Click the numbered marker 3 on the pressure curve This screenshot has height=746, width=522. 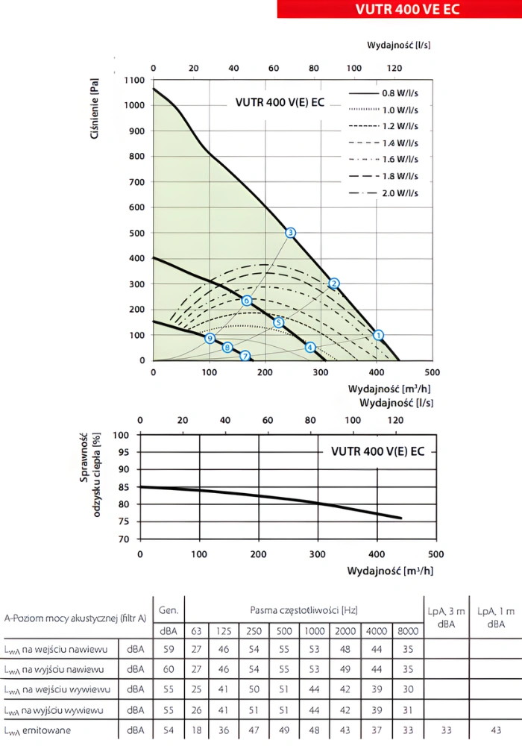tap(291, 233)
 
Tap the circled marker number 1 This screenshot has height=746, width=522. tap(378, 335)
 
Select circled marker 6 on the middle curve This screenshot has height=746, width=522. tap(247, 301)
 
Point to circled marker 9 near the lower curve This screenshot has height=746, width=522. tap(210, 338)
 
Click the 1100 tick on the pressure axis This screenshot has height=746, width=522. tap(134, 80)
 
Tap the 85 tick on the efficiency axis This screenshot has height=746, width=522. tap(123, 487)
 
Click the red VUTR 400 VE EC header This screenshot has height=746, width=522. tap(399, 9)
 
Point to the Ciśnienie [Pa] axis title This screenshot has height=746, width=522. tap(95, 112)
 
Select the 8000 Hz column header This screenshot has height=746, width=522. tap(406, 631)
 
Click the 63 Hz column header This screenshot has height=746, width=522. tap(196, 631)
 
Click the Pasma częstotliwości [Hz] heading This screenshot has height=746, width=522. tap(303, 610)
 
